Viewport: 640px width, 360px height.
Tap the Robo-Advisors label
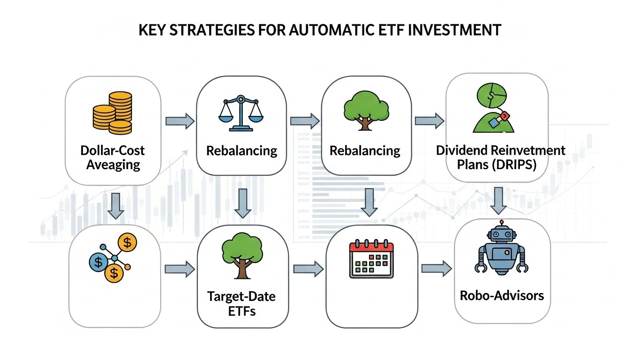coord(502,296)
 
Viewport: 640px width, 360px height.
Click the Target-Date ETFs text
coord(241,303)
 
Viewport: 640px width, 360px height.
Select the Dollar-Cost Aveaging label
coord(113,157)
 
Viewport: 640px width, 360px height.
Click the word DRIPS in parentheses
coord(517,165)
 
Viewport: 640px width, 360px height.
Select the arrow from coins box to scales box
coord(180,121)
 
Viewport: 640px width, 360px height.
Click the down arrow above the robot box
coord(499,200)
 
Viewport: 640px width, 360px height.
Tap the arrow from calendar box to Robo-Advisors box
coord(436,269)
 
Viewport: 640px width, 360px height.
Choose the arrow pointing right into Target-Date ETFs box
coord(180,269)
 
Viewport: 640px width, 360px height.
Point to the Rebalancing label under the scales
coord(241,151)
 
